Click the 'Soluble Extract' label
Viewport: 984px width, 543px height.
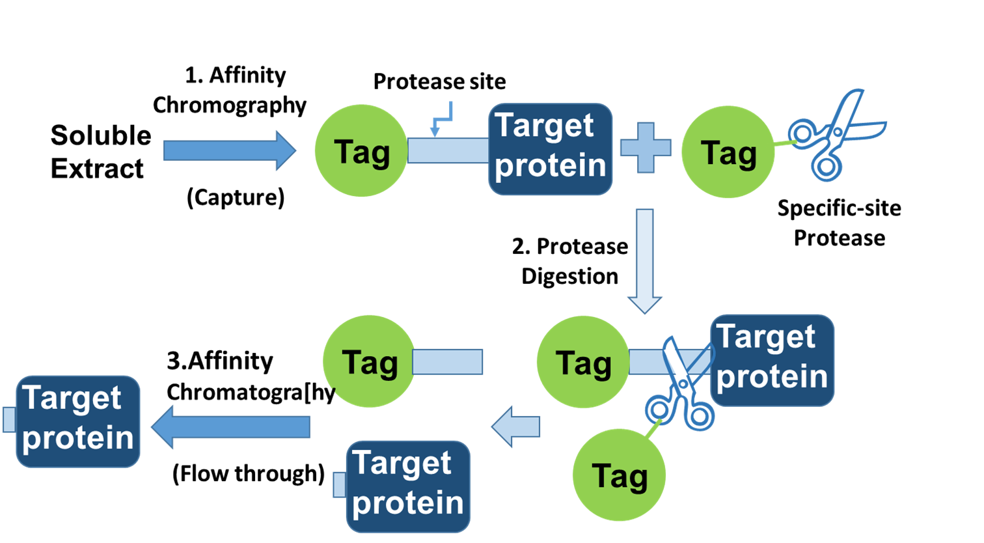pyautogui.click(x=100, y=152)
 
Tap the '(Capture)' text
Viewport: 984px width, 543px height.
pyautogui.click(x=236, y=197)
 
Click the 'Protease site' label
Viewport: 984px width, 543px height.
pyautogui.click(x=439, y=82)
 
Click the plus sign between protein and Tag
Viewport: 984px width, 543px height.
pyautogui.click(x=645, y=148)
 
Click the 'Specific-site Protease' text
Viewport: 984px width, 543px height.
pyautogui.click(x=839, y=223)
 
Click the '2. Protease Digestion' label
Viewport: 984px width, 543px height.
pyautogui.click(x=570, y=261)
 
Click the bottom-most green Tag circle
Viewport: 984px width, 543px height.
pyautogui.click(x=619, y=475)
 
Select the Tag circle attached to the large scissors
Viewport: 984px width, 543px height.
pyautogui.click(x=728, y=152)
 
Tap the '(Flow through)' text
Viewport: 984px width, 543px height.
pyautogui.click(x=248, y=473)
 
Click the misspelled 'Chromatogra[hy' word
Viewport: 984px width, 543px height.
pyautogui.click(x=251, y=392)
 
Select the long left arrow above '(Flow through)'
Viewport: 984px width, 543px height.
pyautogui.click(x=231, y=427)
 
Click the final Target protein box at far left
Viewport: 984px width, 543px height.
pyautogui.click(x=77, y=421)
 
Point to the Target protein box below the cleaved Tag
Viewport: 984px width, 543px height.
pyautogui.click(x=408, y=486)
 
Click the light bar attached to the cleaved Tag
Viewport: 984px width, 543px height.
pyautogui.click(x=448, y=362)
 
